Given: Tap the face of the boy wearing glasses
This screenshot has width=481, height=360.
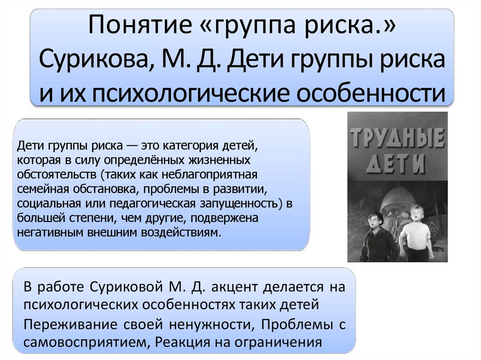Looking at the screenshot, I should tap(374, 220).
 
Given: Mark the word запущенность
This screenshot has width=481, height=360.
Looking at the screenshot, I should tap(238, 204).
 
